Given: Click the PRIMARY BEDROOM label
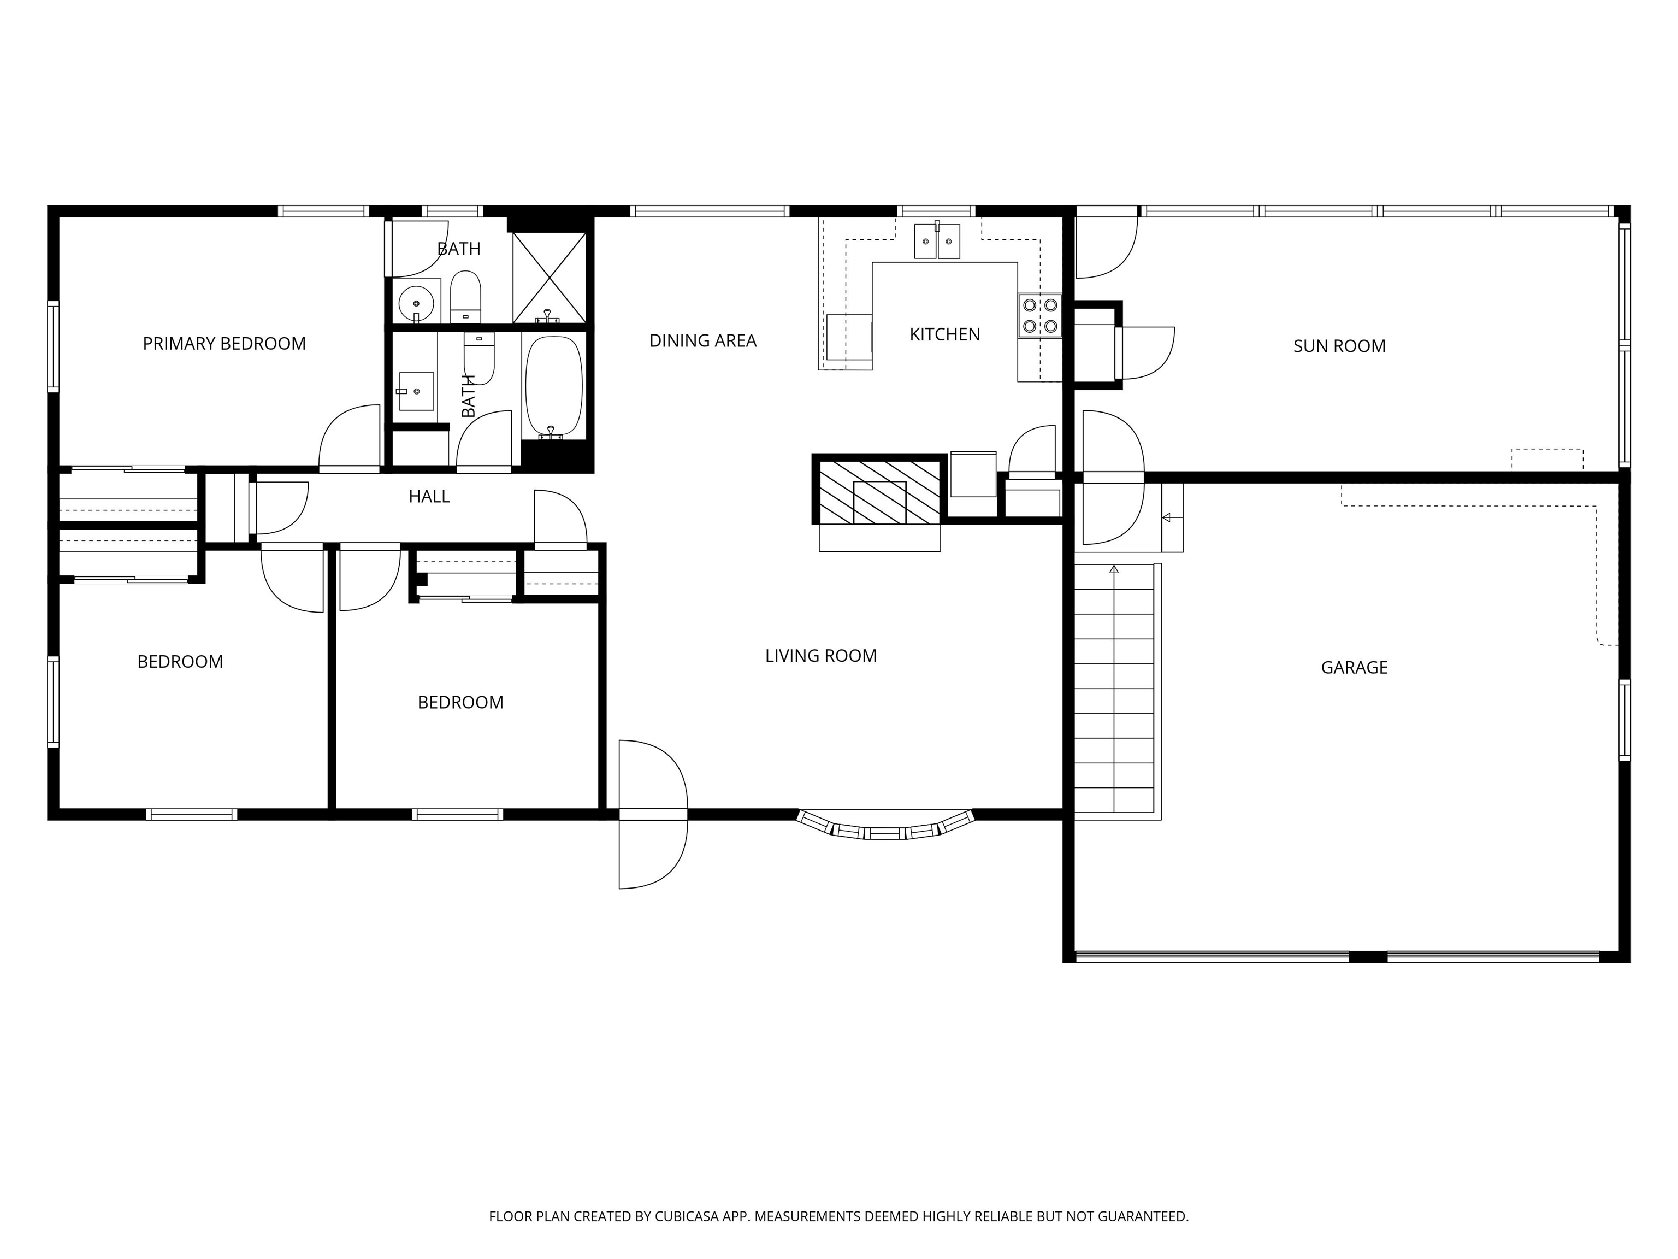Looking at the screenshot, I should (224, 344).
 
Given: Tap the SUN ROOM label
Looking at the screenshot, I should (1339, 346).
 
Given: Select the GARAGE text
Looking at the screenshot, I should (1354, 668).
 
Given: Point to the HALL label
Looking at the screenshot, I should (429, 496).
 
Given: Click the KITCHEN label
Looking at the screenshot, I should (944, 334).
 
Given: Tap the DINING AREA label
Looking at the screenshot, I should (702, 341).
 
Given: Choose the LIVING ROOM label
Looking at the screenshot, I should (821, 656).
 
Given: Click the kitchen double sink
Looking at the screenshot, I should (937, 242).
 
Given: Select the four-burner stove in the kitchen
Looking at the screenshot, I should (1039, 316).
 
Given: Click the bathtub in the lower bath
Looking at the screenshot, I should (554, 386).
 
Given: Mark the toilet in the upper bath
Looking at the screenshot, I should (466, 297).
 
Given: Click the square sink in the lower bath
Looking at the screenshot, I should (416, 391).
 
